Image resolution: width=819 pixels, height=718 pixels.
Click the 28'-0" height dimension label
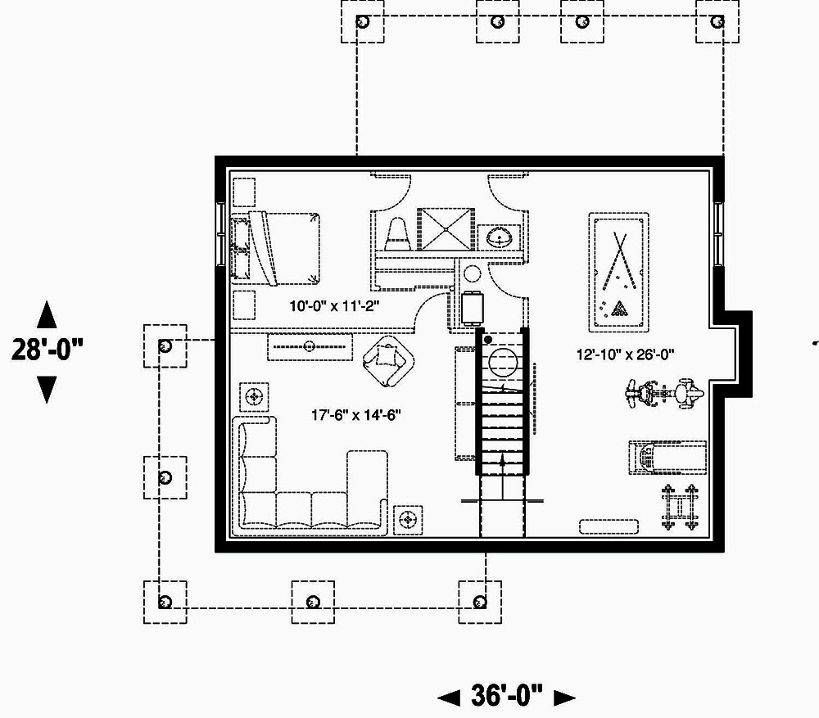pos(48,350)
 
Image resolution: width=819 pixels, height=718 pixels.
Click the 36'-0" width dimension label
pos(507,697)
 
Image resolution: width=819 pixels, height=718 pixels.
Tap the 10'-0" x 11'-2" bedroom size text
pos(336,307)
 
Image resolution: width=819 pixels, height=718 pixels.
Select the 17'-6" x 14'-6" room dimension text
pos(355,415)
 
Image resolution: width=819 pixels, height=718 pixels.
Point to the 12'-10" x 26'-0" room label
pos(625,354)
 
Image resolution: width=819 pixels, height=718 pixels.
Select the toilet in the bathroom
pos(397,232)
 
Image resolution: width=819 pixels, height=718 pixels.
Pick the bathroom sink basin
pos(499,238)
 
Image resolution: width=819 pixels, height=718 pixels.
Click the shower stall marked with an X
pos(446,228)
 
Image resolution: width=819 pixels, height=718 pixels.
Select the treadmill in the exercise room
pos(667,457)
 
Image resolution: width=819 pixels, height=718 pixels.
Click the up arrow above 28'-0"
pos(48,314)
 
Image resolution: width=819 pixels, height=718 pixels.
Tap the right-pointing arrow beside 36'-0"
pos(563,698)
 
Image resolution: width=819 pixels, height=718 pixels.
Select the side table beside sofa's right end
pos(408,519)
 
